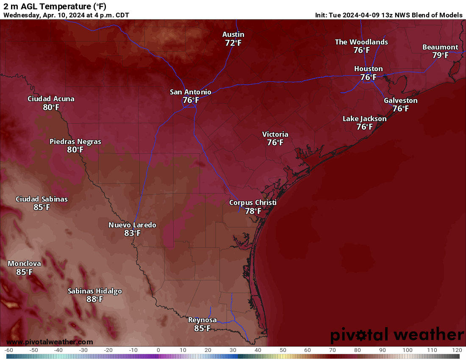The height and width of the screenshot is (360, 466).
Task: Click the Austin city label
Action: (x=233, y=34)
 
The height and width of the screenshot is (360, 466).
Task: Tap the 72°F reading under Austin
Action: (x=233, y=43)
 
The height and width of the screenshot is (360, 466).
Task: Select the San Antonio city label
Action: (x=191, y=92)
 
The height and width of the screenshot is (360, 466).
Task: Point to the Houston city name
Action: (x=369, y=69)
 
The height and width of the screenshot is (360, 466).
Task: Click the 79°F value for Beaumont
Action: (x=440, y=55)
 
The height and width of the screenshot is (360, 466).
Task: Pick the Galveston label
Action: (x=400, y=100)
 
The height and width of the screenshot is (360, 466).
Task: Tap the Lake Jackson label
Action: (x=364, y=119)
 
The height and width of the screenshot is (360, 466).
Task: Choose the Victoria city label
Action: (x=275, y=134)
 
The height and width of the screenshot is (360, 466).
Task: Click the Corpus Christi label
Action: (x=253, y=202)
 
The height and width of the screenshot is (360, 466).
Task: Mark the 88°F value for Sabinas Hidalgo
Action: (x=95, y=299)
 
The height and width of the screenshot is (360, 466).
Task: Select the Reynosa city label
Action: (x=202, y=320)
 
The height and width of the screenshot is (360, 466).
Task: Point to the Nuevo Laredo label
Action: (x=132, y=225)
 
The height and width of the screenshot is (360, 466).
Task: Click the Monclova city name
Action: (x=24, y=263)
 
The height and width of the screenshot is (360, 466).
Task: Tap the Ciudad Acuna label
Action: (x=51, y=99)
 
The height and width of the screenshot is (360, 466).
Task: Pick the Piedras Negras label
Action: (x=75, y=141)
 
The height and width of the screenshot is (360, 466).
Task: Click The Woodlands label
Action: (x=361, y=42)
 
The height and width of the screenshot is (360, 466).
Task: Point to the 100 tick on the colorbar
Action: (x=408, y=350)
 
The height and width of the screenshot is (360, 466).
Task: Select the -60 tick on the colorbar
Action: (x=9, y=350)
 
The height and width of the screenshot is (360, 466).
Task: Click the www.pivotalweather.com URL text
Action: (x=50, y=342)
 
